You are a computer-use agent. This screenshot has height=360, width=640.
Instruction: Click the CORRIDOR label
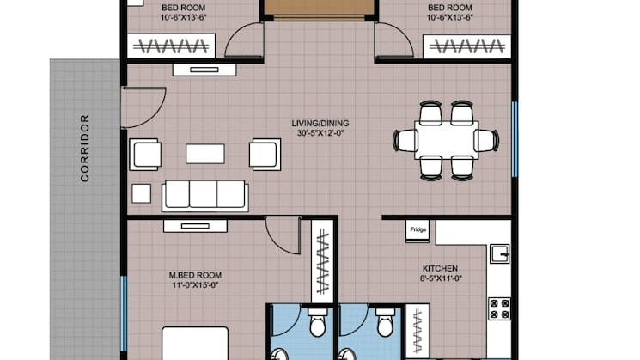coord(84,148)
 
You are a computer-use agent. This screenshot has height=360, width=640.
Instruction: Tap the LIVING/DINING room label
coord(320,123)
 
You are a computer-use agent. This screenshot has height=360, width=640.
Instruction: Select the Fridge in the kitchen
coord(418,231)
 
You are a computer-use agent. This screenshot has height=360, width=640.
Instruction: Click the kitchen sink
coord(500,253)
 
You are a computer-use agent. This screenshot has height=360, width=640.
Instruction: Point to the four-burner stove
coord(500,308)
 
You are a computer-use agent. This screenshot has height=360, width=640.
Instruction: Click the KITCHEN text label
coord(440,269)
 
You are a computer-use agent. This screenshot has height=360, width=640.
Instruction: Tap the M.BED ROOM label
coord(195,276)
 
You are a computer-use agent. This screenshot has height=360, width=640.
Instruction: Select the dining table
coord(446,140)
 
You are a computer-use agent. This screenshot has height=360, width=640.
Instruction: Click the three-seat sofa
coord(205,196)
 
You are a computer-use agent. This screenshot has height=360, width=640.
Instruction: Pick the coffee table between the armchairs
coord(205,154)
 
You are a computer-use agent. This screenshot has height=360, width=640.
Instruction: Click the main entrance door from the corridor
coord(143,107)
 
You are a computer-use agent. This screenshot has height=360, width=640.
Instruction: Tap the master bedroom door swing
coord(283,235)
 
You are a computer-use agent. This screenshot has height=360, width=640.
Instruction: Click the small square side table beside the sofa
coord(141,193)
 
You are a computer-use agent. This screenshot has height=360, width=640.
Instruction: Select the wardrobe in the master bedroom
coord(322,261)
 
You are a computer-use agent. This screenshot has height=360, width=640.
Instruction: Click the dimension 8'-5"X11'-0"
coord(441,278)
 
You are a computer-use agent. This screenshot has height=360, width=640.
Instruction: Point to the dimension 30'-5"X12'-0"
coord(320,133)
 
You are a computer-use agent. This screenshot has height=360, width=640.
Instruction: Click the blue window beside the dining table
coord(515,139)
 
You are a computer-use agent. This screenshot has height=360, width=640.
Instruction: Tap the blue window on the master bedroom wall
coord(124,314)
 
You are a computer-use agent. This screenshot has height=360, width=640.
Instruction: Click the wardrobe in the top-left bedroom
coord(172,46)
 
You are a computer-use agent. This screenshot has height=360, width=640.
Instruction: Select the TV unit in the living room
coord(204,70)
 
